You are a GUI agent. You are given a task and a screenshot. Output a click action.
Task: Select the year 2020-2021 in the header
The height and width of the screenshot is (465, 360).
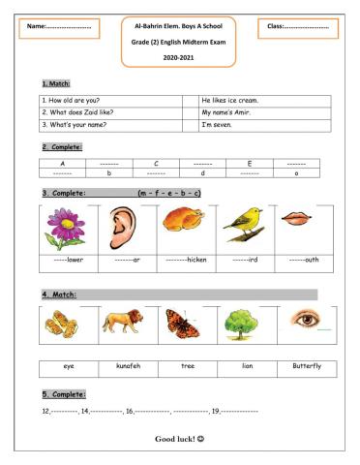pos(180,57)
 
